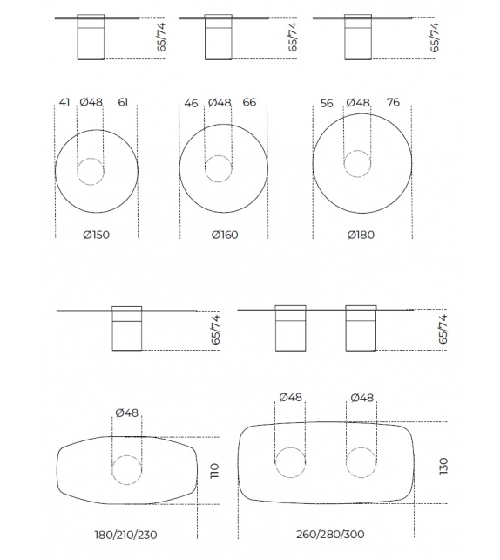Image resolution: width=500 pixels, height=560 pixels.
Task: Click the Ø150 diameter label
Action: [97, 235]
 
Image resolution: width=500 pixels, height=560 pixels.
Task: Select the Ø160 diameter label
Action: [225, 235]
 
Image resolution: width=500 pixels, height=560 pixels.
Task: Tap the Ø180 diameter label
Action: [361, 235]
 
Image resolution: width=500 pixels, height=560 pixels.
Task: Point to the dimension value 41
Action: [64, 102]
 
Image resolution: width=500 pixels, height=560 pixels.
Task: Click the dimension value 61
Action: [123, 102]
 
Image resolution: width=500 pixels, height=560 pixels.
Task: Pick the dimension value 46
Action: [191, 103]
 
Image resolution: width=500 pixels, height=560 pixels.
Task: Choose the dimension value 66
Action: [249, 102]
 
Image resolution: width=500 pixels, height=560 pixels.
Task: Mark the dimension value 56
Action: [327, 103]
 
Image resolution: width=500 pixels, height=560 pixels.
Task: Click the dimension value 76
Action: [393, 102]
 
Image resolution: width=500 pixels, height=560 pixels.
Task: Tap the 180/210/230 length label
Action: [125, 535]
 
